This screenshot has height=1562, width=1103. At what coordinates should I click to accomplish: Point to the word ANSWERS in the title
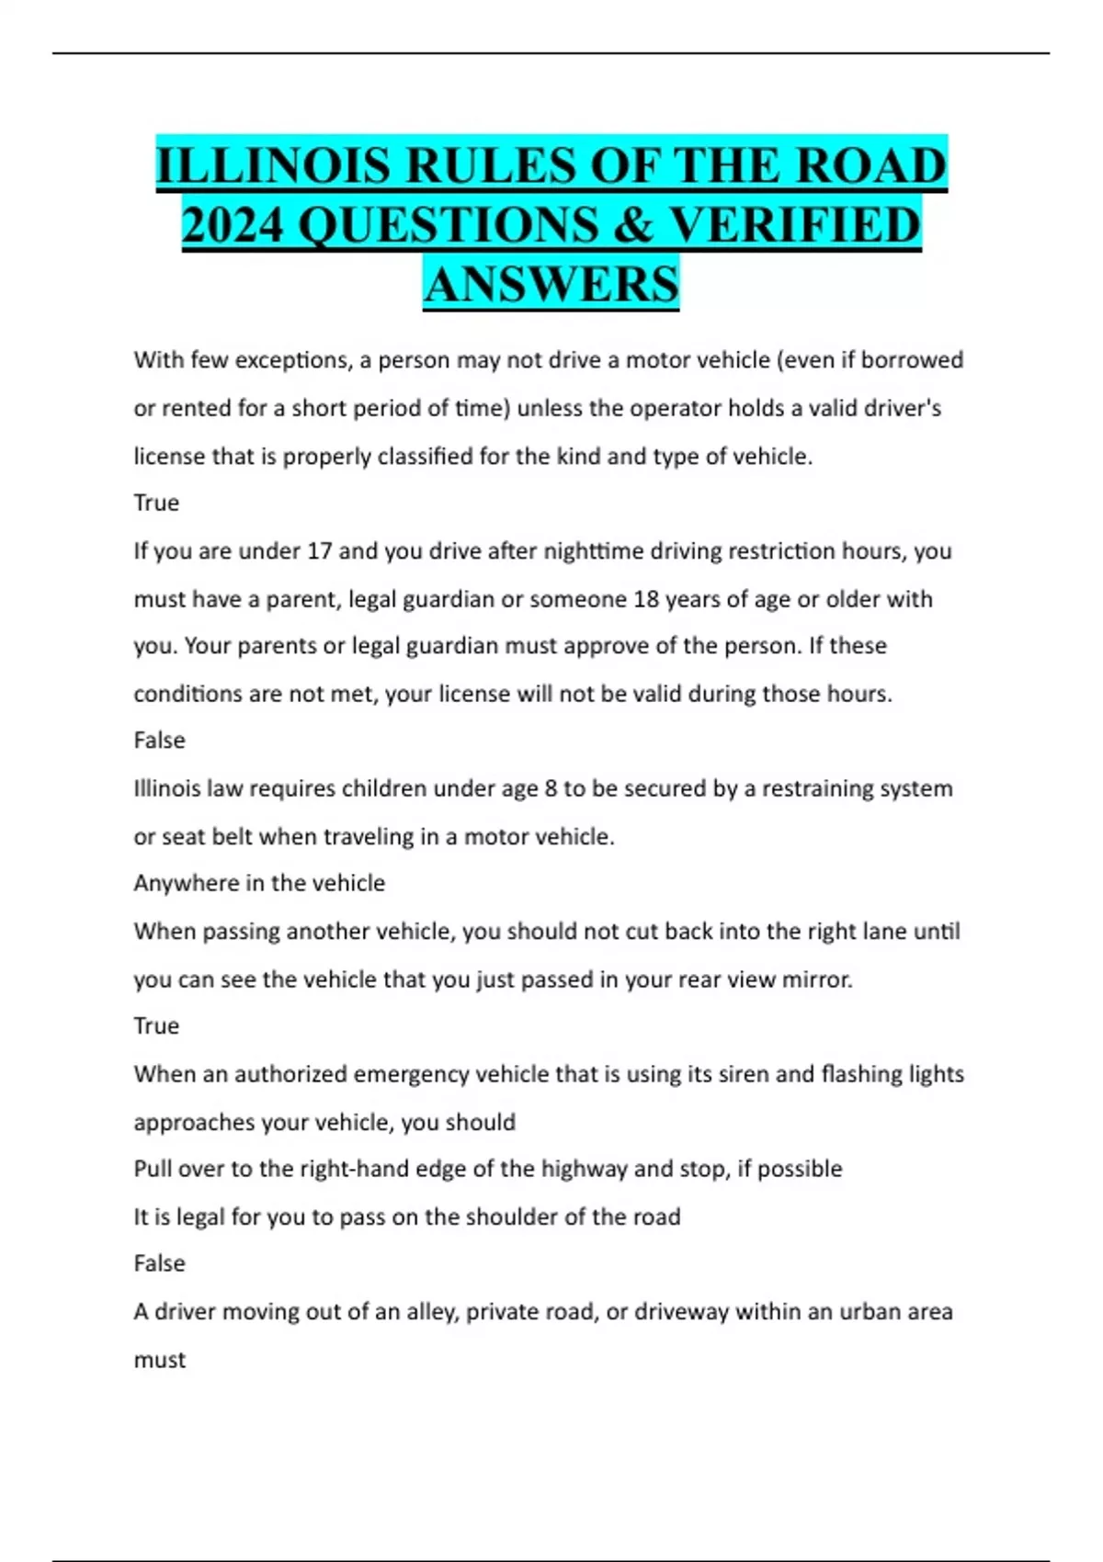[x=551, y=283]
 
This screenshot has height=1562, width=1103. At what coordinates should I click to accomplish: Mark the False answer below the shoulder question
[x=159, y=1263]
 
